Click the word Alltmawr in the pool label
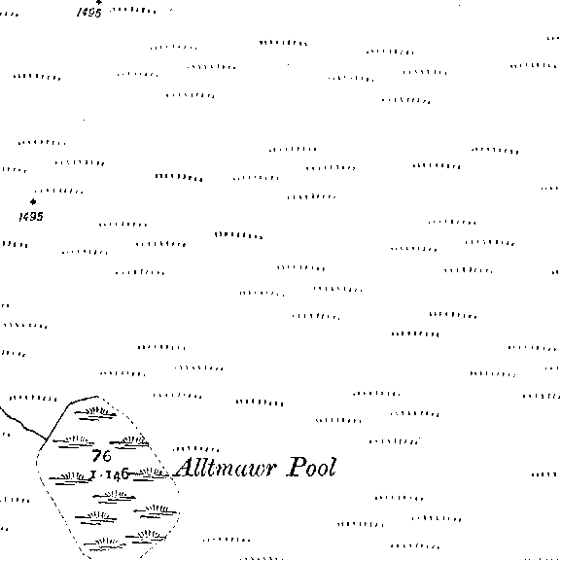coord(226,468)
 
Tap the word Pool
coord(312,467)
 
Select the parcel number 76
coord(102,456)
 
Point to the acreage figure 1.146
coord(110,475)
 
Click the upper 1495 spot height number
coord(89,13)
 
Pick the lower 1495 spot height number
coord(31,217)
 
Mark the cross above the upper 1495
coord(99,2)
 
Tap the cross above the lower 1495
coord(33,202)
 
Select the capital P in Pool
coord(297,467)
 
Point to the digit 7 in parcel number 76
coord(96,456)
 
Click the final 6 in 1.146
coord(124,474)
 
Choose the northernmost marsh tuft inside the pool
coord(95,413)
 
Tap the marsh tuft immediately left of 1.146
coord(70,478)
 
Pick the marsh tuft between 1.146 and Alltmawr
coord(152,474)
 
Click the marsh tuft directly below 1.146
coord(114,497)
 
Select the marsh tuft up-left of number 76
coord(74,441)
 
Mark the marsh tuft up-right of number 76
coord(129,441)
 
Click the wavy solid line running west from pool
coord(23,424)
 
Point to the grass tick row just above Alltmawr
coord(196,448)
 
